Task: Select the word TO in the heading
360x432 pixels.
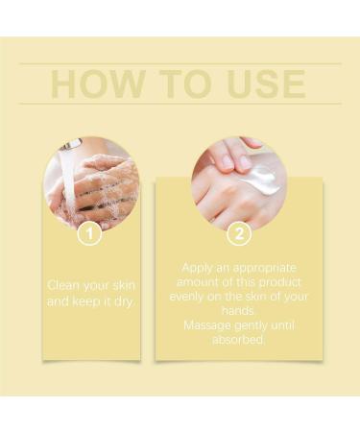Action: point(179,84)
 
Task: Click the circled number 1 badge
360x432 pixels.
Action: point(89,231)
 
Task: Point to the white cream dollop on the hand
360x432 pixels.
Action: point(264,179)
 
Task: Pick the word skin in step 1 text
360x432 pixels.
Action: point(120,285)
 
